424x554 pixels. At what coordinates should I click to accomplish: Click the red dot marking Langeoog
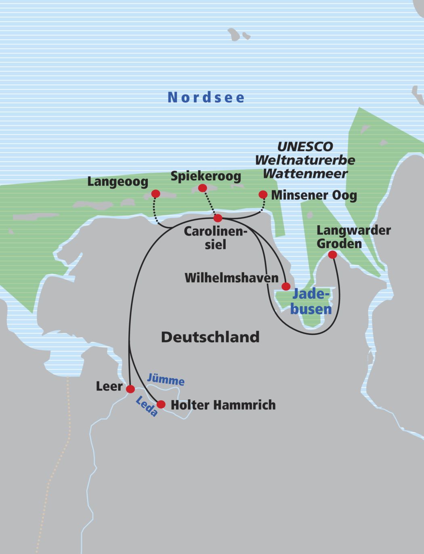(155, 194)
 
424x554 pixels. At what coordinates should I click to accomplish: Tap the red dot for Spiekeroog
(203, 188)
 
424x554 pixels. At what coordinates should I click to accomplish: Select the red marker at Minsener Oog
(263, 195)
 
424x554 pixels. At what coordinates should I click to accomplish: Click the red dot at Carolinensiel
(218, 218)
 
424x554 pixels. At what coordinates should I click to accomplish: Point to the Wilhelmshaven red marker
(286, 286)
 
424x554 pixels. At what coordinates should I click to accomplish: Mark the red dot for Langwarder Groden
(332, 255)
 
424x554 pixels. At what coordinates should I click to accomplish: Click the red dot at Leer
(130, 389)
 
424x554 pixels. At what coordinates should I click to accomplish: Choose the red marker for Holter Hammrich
(161, 404)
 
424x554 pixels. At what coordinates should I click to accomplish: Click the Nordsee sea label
(206, 97)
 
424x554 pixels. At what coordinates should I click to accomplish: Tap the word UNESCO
(305, 146)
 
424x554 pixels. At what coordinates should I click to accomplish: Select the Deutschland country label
(210, 337)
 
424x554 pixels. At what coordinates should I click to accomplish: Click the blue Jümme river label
(166, 380)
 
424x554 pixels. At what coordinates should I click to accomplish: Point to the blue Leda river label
(146, 406)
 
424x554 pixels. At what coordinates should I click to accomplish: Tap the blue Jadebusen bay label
(311, 301)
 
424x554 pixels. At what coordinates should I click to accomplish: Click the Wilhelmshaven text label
(231, 278)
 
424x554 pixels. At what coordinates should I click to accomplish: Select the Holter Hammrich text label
(223, 405)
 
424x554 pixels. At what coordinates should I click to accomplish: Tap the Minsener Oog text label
(314, 195)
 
